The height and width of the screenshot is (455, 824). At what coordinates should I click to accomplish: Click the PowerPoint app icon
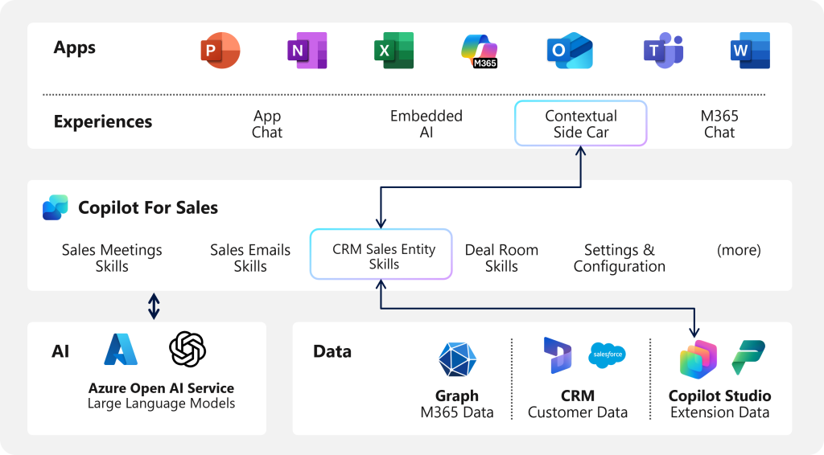click(220, 51)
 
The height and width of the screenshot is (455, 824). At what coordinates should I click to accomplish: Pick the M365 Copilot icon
click(480, 51)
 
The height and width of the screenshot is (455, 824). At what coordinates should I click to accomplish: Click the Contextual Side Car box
click(580, 124)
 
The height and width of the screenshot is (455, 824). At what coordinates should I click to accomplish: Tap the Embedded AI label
click(426, 124)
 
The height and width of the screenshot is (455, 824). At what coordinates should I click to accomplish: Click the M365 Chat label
click(719, 124)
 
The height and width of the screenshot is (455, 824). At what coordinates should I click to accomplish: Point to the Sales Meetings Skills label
click(112, 258)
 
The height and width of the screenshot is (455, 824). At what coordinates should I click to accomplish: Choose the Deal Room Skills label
click(501, 258)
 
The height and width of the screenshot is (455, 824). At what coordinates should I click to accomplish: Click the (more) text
click(739, 250)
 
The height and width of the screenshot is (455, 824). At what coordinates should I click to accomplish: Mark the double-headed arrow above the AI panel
click(154, 306)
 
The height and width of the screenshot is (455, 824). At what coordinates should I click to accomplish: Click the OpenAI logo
click(187, 350)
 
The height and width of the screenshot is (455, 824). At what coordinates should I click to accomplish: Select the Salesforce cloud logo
click(608, 354)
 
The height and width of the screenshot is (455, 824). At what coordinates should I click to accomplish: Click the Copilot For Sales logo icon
click(56, 207)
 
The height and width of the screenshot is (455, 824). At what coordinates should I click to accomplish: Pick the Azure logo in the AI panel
click(121, 350)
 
